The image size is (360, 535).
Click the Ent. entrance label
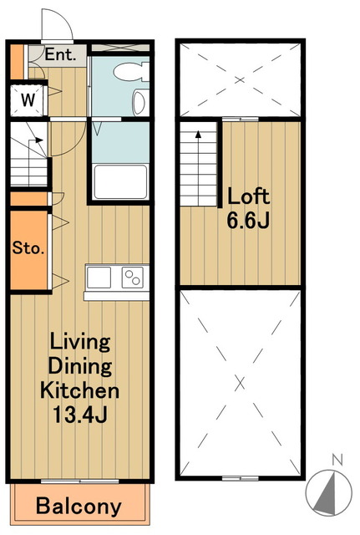[60, 54]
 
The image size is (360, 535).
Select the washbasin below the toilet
[139, 102]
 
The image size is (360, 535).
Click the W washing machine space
[28, 100]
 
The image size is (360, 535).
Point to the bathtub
[120, 182]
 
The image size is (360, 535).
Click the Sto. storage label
[28, 248]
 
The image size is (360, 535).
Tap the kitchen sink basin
[99, 278]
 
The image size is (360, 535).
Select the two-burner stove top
[133, 278]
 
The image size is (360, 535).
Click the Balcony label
[79, 507]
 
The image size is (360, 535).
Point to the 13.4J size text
[80, 415]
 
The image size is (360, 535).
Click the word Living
[80, 342]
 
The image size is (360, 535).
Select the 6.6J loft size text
[249, 220]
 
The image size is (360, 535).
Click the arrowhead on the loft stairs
[198, 134]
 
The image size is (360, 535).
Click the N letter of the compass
[337, 461]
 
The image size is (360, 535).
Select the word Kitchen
[80, 390]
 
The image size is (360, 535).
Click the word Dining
[80, 366]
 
